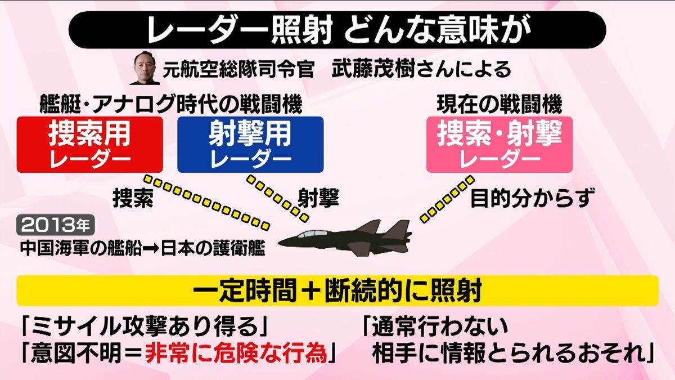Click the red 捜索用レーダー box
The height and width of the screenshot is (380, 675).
(x=89, y=144)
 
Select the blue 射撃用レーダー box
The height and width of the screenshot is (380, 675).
(x=250, y=144)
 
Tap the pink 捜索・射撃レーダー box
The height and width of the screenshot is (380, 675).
(x=499, y=144)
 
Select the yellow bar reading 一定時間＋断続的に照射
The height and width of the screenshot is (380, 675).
(x=337, y=291)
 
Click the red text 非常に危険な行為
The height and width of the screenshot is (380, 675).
(x=236, y=352)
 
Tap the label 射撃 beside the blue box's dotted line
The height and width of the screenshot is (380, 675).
(x=318, y=198)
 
